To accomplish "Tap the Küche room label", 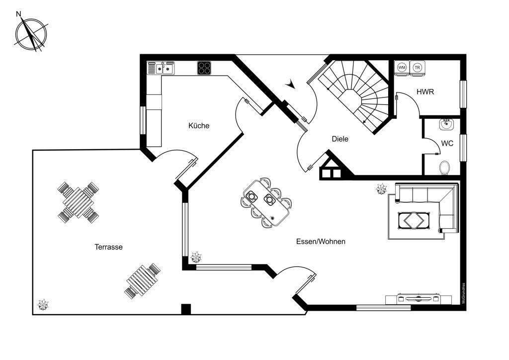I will coord(199,126).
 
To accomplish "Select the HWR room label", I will coord(426,92).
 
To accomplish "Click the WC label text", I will coord(447,143).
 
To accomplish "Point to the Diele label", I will coord(340,139).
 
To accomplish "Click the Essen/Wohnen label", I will coord(321,242).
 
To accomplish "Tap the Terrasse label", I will coord(108,247).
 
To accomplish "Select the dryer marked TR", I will coord(418,67).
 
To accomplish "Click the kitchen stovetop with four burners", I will coord(204,68).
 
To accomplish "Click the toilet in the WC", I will coord(445,167).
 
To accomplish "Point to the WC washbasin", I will coord(445,124).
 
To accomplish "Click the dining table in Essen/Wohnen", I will coord(265,202).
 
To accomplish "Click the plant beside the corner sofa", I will coord(382,188).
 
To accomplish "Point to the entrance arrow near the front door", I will coord(291,85).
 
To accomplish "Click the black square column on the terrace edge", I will coord(186,309).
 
